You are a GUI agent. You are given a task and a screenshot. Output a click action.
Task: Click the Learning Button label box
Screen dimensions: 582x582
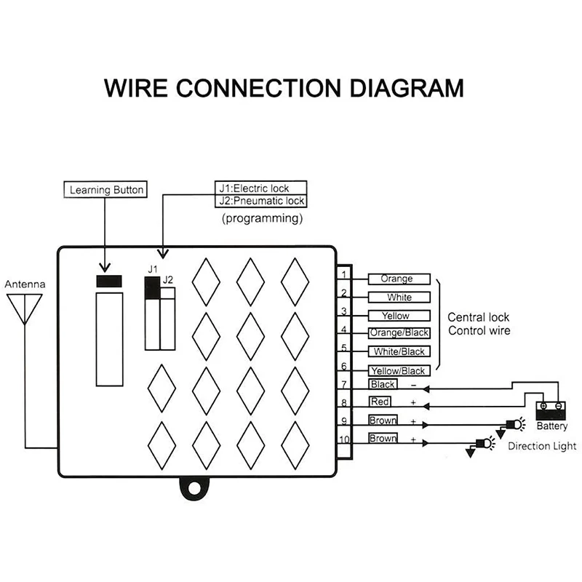click(x=106, y=191)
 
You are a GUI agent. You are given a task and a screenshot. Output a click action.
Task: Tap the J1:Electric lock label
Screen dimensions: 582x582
click(x=260, y=188)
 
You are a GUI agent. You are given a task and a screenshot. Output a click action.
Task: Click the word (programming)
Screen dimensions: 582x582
click(x=261, y=218)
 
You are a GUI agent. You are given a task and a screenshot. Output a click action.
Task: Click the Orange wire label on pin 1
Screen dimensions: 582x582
click(x=396, y=279)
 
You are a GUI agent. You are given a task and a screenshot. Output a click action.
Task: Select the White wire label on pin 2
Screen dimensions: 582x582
click(x=399, y=298)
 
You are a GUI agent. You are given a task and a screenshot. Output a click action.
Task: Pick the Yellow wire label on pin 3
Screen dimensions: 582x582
click(x=396, y=316)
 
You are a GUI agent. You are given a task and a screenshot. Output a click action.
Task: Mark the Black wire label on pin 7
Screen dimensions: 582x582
click(x=383, y=384)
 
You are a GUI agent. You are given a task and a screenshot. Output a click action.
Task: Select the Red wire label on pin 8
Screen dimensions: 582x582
click(x=380, y=402)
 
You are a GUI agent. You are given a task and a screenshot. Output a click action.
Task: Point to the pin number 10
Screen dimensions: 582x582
click(x=344, y=439)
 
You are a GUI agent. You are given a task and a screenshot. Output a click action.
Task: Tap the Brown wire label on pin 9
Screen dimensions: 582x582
click(x=383, y=420)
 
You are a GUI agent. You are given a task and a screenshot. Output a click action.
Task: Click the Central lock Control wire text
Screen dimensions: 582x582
click(x=478, y=324)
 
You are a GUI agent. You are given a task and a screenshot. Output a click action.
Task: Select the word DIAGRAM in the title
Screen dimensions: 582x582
click(x=400, y=89)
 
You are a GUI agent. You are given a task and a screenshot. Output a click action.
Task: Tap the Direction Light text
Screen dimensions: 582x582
click(x=542, y=446)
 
